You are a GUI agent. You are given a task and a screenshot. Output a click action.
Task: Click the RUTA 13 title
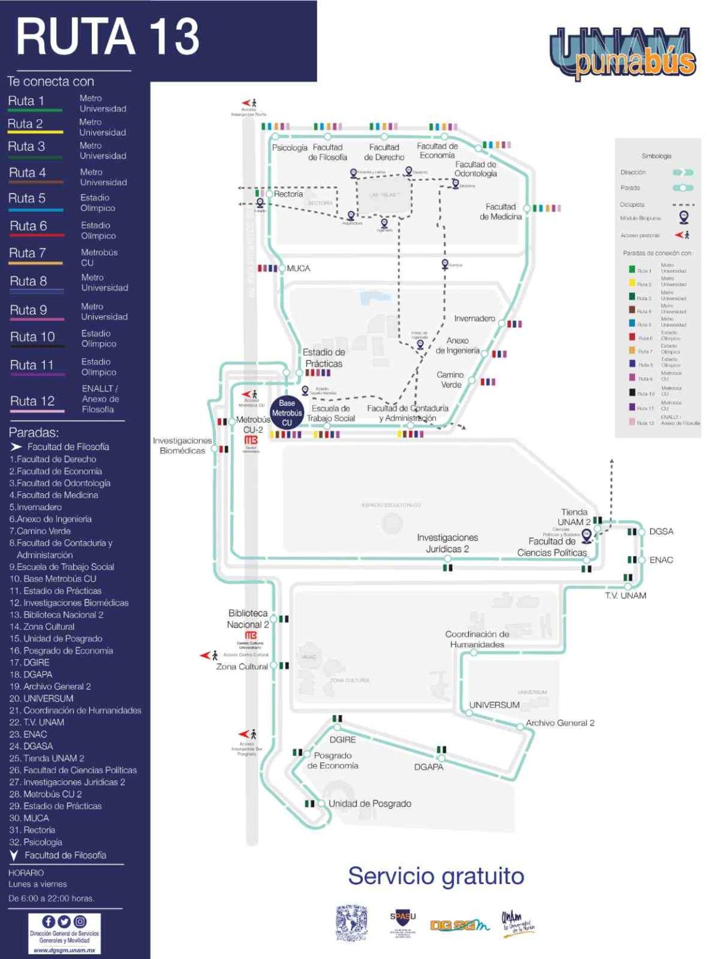point(107,37)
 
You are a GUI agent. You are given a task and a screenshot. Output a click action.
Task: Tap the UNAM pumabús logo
point(623,54)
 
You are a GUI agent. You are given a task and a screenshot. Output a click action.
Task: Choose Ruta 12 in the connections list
point(32,401)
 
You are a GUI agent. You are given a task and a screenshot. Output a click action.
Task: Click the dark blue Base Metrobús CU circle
point(287,413)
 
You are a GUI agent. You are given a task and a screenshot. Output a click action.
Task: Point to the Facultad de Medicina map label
point(500,212)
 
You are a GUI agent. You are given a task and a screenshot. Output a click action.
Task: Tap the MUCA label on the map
point(298,268)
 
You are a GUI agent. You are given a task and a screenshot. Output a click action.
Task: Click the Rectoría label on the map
point(288,194)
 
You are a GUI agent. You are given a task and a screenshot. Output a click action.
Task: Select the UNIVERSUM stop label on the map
point(494,705)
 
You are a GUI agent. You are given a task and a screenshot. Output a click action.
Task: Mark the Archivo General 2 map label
point(560,723)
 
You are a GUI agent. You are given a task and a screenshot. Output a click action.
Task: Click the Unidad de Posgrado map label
point(370,804)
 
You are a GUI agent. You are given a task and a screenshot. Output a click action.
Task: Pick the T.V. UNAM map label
point(625,596)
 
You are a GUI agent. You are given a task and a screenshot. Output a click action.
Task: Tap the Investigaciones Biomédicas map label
point(182,445)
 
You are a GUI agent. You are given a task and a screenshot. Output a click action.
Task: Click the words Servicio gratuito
point(436,876)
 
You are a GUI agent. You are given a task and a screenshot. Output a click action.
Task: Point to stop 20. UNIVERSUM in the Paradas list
point(42,699)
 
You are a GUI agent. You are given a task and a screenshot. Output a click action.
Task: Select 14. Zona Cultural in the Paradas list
point(42,627)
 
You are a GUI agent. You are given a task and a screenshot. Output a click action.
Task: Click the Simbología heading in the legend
point(656,156)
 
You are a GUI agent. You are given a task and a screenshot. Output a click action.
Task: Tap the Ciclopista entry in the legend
point(632,205)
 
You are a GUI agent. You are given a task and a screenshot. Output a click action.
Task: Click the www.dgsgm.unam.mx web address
point(64,950)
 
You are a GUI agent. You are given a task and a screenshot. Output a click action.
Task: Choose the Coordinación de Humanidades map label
point(476,639)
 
